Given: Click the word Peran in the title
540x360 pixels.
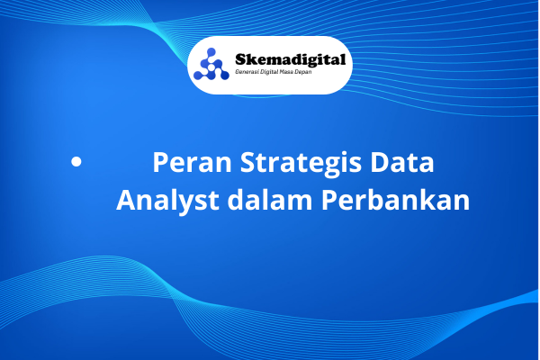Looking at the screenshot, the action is coord(193,162).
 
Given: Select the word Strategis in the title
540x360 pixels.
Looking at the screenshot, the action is coord(301,164).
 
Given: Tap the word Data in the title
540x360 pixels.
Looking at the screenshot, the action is coord(402,162).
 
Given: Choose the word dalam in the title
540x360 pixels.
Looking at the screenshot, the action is coord(270,199).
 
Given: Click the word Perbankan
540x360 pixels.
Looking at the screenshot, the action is coord(395,199).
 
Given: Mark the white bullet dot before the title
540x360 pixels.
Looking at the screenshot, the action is coord(76,162).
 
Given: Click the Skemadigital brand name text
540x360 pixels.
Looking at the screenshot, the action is coord(290,59).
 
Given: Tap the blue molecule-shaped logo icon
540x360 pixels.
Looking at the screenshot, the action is coord(211,64).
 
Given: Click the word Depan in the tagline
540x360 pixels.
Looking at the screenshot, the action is coord(303,72).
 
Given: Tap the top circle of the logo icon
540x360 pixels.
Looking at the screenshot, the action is coord(211,52).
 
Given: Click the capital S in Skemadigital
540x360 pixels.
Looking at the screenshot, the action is coord(240,59).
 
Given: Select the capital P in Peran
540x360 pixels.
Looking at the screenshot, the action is coord(160,162).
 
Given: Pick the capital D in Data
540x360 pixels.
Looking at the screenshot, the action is coord(379,162).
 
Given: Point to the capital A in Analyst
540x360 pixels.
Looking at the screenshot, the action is coord(126,200).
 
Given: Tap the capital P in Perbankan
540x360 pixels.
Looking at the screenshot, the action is coord(328,200).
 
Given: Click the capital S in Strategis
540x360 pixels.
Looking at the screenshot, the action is coord(247,162).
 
